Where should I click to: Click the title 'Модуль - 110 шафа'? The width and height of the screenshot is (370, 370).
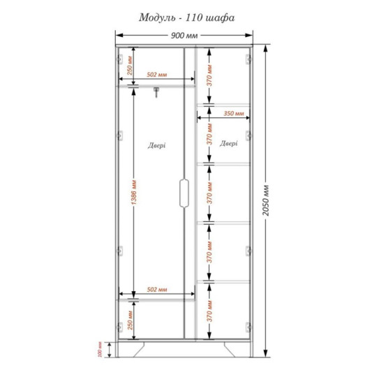click(x=186, y=17)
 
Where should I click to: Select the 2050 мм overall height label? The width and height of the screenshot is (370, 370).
click(x=266, y=200)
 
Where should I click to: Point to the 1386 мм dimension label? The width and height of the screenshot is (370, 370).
click(x=133, y=193)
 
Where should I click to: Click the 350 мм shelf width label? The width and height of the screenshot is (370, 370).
click(x=234, y=114)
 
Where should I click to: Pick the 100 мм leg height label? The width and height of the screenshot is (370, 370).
click(x=100, y=349)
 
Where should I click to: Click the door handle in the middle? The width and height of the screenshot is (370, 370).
click(x=184, y=193)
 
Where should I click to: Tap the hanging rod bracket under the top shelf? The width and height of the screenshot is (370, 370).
click(x=156, y=92)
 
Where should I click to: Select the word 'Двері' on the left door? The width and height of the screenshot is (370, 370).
click(x=156, y=145)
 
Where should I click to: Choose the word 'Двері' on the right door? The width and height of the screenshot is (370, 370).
click(x=229, y=143)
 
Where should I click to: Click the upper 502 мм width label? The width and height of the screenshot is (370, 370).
click(x=157, y=75)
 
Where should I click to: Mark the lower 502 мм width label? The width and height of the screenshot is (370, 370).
click(x=157, y=289)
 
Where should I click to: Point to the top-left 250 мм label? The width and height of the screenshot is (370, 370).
click(x=130, y=66)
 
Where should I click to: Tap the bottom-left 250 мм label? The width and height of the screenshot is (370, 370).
click(x=130, y=320)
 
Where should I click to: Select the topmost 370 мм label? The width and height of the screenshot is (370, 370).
click(x=209, y=75)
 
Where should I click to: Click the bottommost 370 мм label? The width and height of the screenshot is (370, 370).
click(x=209, y=311)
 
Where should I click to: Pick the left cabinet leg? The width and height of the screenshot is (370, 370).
click(x=139, y=349)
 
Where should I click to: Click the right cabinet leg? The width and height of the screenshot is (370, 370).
click(x=230, y=349)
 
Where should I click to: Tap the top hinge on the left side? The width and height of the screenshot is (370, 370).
click(x=120, y=59)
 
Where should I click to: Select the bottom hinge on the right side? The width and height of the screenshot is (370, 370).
click(x=248, y=327)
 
